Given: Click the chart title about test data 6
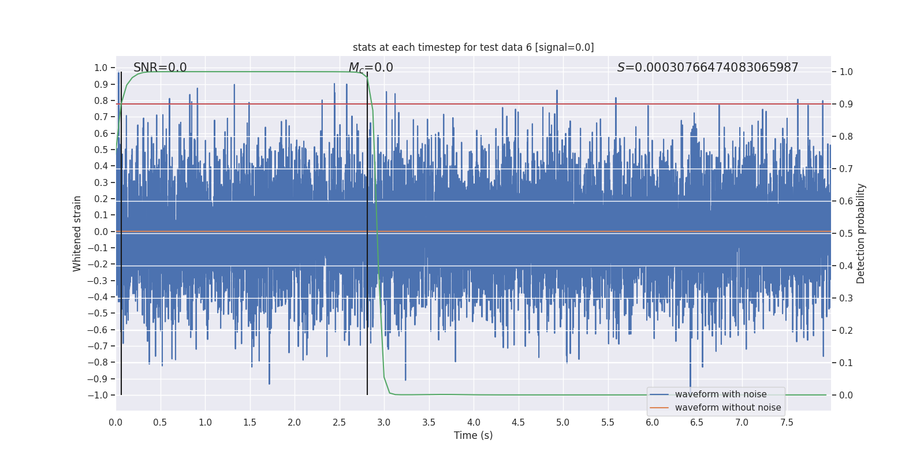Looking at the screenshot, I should pyautogui.click(x=473, y=47).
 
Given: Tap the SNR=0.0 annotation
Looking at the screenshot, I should pyautogui.click(x=160, y=68).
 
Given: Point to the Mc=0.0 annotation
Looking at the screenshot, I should pyautogui.click(x=371, y=68).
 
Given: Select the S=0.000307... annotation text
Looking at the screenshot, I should pyautogui.click(x=707, y=68).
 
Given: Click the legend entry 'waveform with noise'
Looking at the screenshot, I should pyautogui.click(x=720, y=394).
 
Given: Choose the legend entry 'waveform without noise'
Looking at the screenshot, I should pyautogui.click(x=728, y=408).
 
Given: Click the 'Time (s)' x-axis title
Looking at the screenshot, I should pyautogui.click(x=473, y=435).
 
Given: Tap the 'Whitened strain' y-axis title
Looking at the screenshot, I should pyautogui.click(x=77, y=233).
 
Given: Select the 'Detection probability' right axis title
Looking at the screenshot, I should pyautogui.click(x=861, y=233).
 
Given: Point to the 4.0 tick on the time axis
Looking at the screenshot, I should pyautogui.click(x=474, y=423).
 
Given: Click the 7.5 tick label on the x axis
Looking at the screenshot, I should pyautogui.click(x=787, y=423).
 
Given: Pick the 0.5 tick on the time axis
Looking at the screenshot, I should pyautogui.click(x=160, y=423).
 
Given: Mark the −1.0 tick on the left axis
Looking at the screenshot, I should pyautogui.click(x=98, y=396).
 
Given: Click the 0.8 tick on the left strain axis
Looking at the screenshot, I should pyautogui.click(x=100, y=100).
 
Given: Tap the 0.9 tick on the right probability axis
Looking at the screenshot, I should pyautogui.click(x=846, y=105).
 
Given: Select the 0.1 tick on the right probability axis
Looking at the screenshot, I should pyautogui.click(x=846, y=363).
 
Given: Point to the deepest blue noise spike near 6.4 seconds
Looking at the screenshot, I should pyautogui.click(x=690, y=381).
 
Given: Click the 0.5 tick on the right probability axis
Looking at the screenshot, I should pyautogui.click(x=846, y=234).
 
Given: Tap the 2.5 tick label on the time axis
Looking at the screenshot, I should pyautogui.click(x=339, y=423).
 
